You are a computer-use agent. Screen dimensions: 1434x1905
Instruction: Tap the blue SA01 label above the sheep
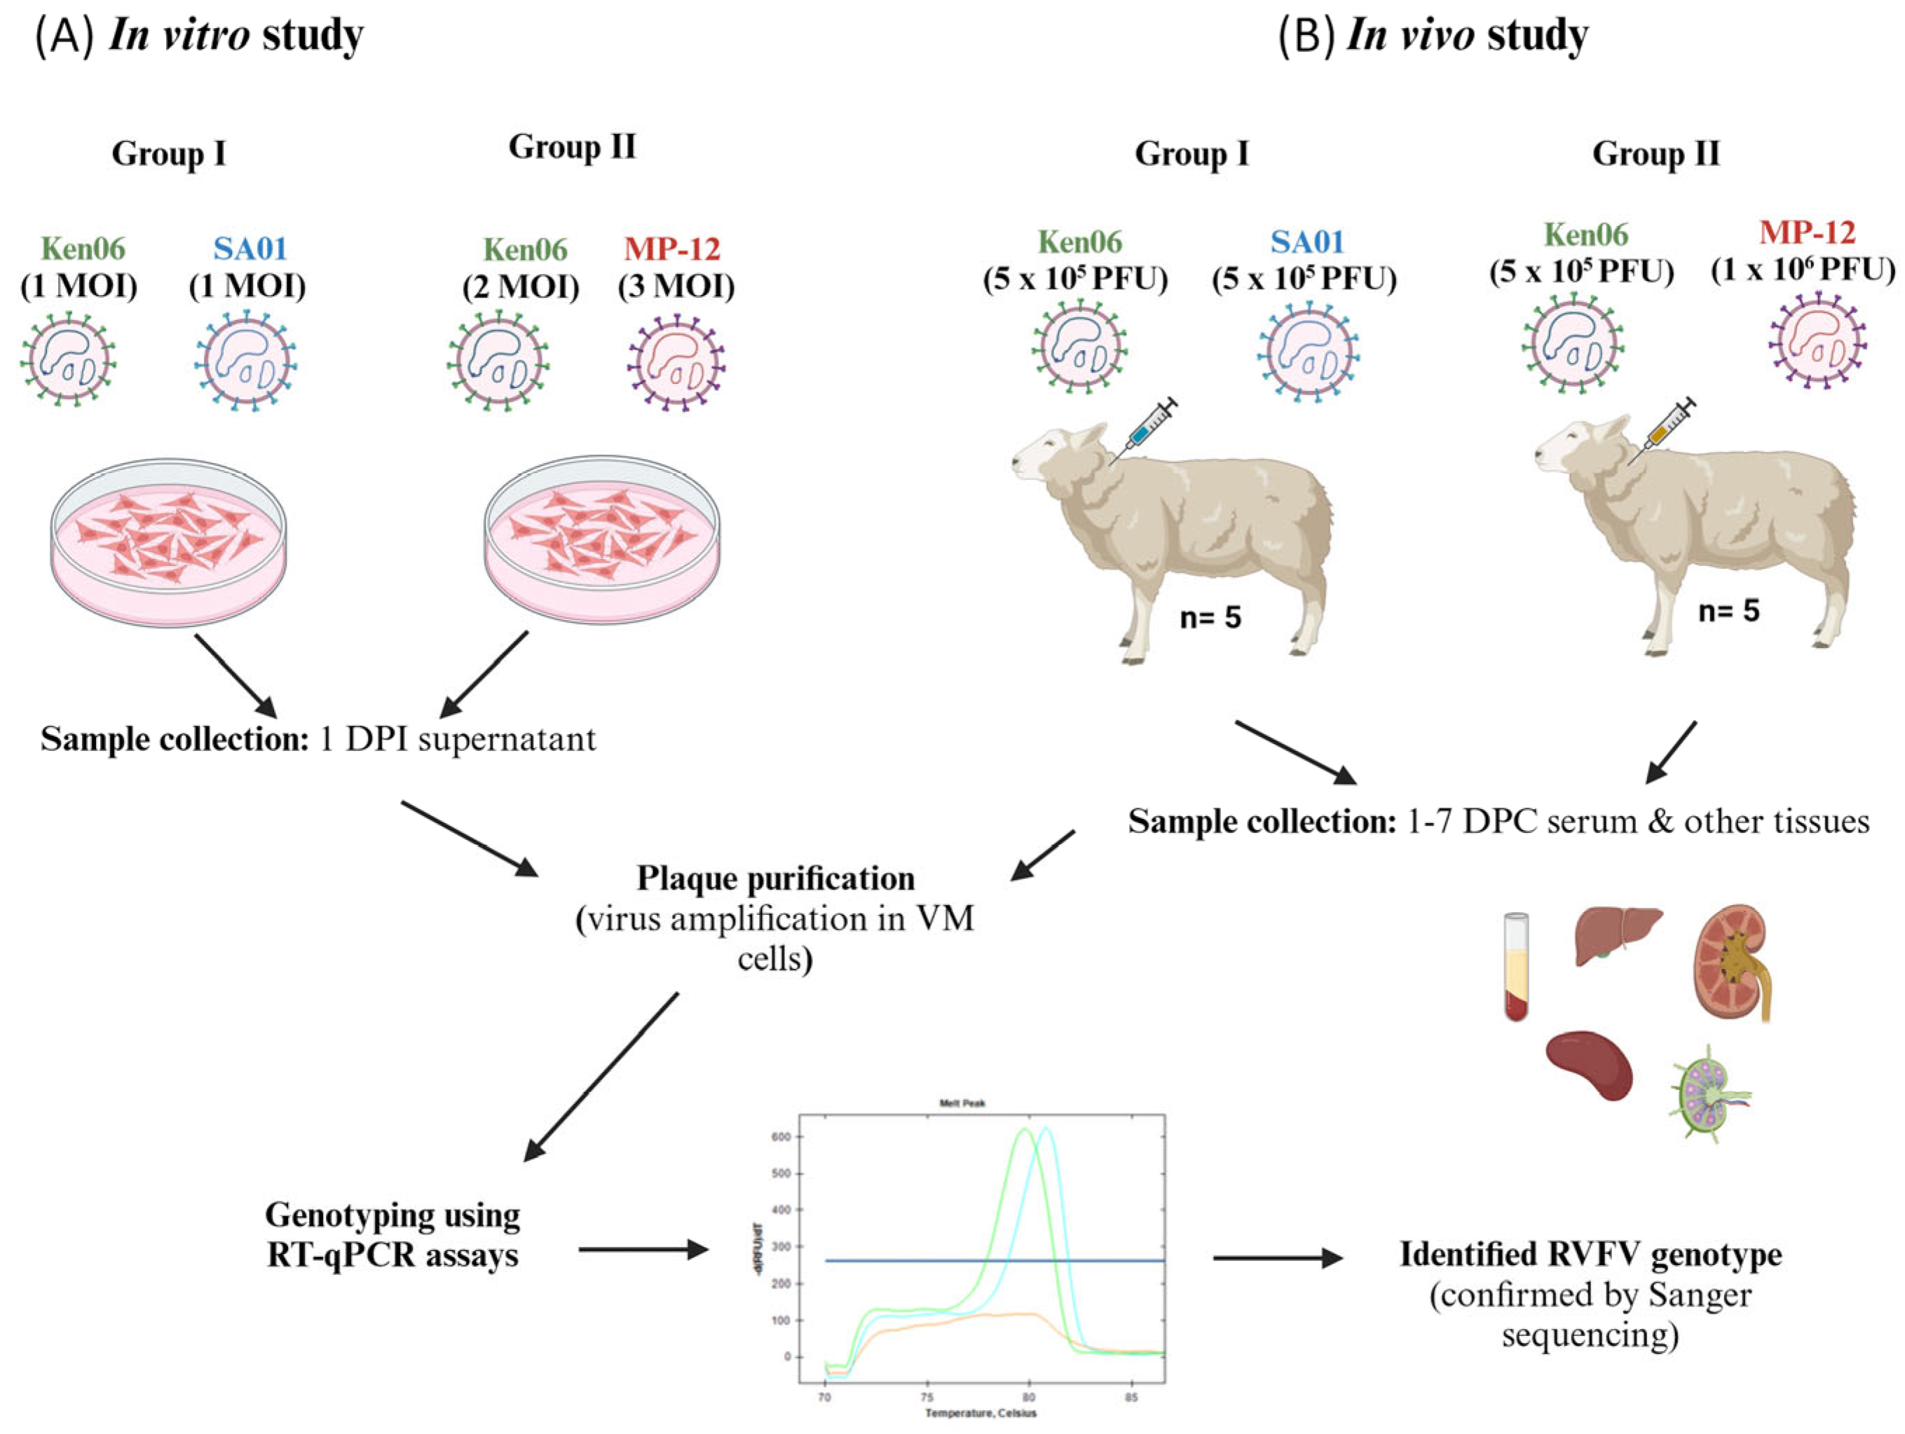pyautogui.click(x=1306, y=242)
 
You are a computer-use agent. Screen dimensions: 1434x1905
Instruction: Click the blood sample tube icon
pyautogui.click(x=1516, y=967)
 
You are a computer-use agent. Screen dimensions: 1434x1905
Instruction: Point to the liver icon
pyautogui.click(x=1618, y=937)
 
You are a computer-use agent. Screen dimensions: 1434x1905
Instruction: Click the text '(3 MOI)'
pyautogui.click(x=676, y=287)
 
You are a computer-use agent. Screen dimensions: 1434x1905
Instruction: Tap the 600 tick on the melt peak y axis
pyautogui.click(x=788, y=1137)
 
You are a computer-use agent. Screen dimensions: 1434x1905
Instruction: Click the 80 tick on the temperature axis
pyautogui.click(x=1028, y=1397)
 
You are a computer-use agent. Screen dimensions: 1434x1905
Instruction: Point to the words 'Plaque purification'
pyautogui.click(x=775, y=878)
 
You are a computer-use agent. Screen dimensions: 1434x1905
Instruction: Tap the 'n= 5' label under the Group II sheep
pyautogui.click(x=1728, y=611)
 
